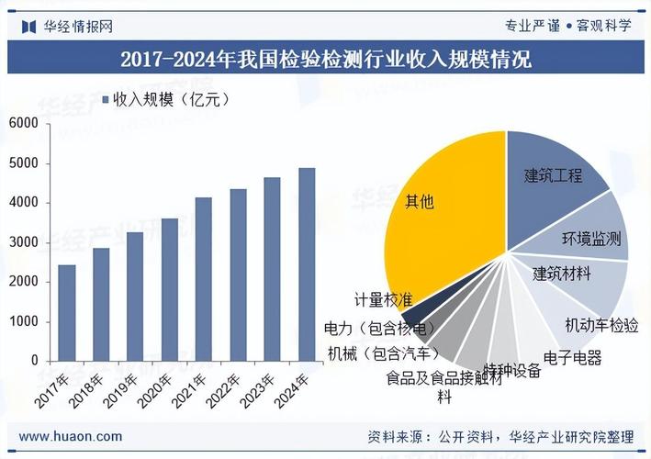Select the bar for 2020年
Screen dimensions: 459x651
[169, 289]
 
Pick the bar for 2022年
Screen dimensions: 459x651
[238, 274]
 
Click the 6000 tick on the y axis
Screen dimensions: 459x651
[24, 123]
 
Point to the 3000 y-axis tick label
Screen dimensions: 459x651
[24, 242]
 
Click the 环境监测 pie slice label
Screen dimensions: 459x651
[591, 240]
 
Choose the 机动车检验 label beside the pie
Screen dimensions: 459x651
[601, 325]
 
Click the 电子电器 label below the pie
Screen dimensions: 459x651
[572, 357]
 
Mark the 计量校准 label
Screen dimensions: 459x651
[383, 299]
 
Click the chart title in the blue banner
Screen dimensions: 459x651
[325, 61]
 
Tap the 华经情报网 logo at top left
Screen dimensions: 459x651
[68, 25]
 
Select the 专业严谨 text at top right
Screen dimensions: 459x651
[532, 25]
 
